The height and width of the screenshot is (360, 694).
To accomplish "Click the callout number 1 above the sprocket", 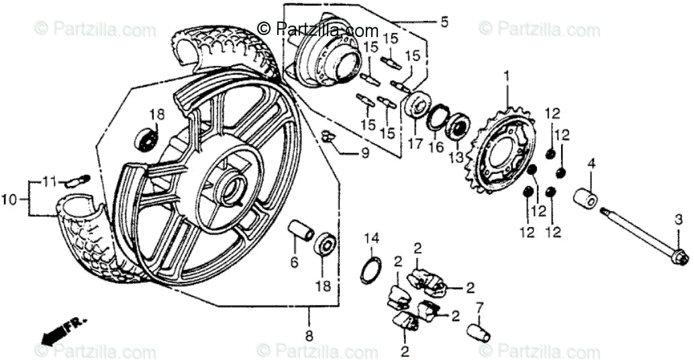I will tap(507, 77).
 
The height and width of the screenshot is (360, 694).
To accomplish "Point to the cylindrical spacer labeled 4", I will tap(585, 199).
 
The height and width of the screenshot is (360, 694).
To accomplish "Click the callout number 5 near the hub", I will tap(444, 22).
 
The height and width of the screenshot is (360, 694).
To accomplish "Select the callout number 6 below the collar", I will tap(294, 263).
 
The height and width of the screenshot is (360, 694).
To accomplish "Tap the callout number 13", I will tap(456, 157).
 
